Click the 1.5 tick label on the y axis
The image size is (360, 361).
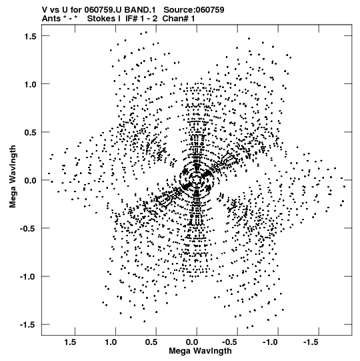[x=30, y=36]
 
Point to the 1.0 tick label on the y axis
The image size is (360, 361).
[x=30, y=84]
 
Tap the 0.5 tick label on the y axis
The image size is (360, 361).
[x=30, y=132]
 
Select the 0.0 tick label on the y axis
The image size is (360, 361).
[x=30, y=180]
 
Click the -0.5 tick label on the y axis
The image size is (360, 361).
[x=28, y=229]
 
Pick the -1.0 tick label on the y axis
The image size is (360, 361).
[x=28, y=277]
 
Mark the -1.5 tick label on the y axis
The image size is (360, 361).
[x=28, y=325]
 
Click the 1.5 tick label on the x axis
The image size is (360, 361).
[x=70, y=342]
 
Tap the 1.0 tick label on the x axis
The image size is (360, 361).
[x=111, y=342]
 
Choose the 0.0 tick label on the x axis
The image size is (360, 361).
[x=192, y=342]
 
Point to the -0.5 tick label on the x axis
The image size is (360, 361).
[x=231, y=342]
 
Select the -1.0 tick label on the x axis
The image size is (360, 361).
[x=271, y=342]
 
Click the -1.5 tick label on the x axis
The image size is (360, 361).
[x=311, y=342]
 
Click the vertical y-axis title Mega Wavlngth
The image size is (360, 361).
[x=13, y=177]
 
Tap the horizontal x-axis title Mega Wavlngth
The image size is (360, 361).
[x=200, y=352]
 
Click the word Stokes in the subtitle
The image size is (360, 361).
[x=101, y=19]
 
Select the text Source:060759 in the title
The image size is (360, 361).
[x=194, y=10]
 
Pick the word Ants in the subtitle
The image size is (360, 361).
[x=51, y=19]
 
